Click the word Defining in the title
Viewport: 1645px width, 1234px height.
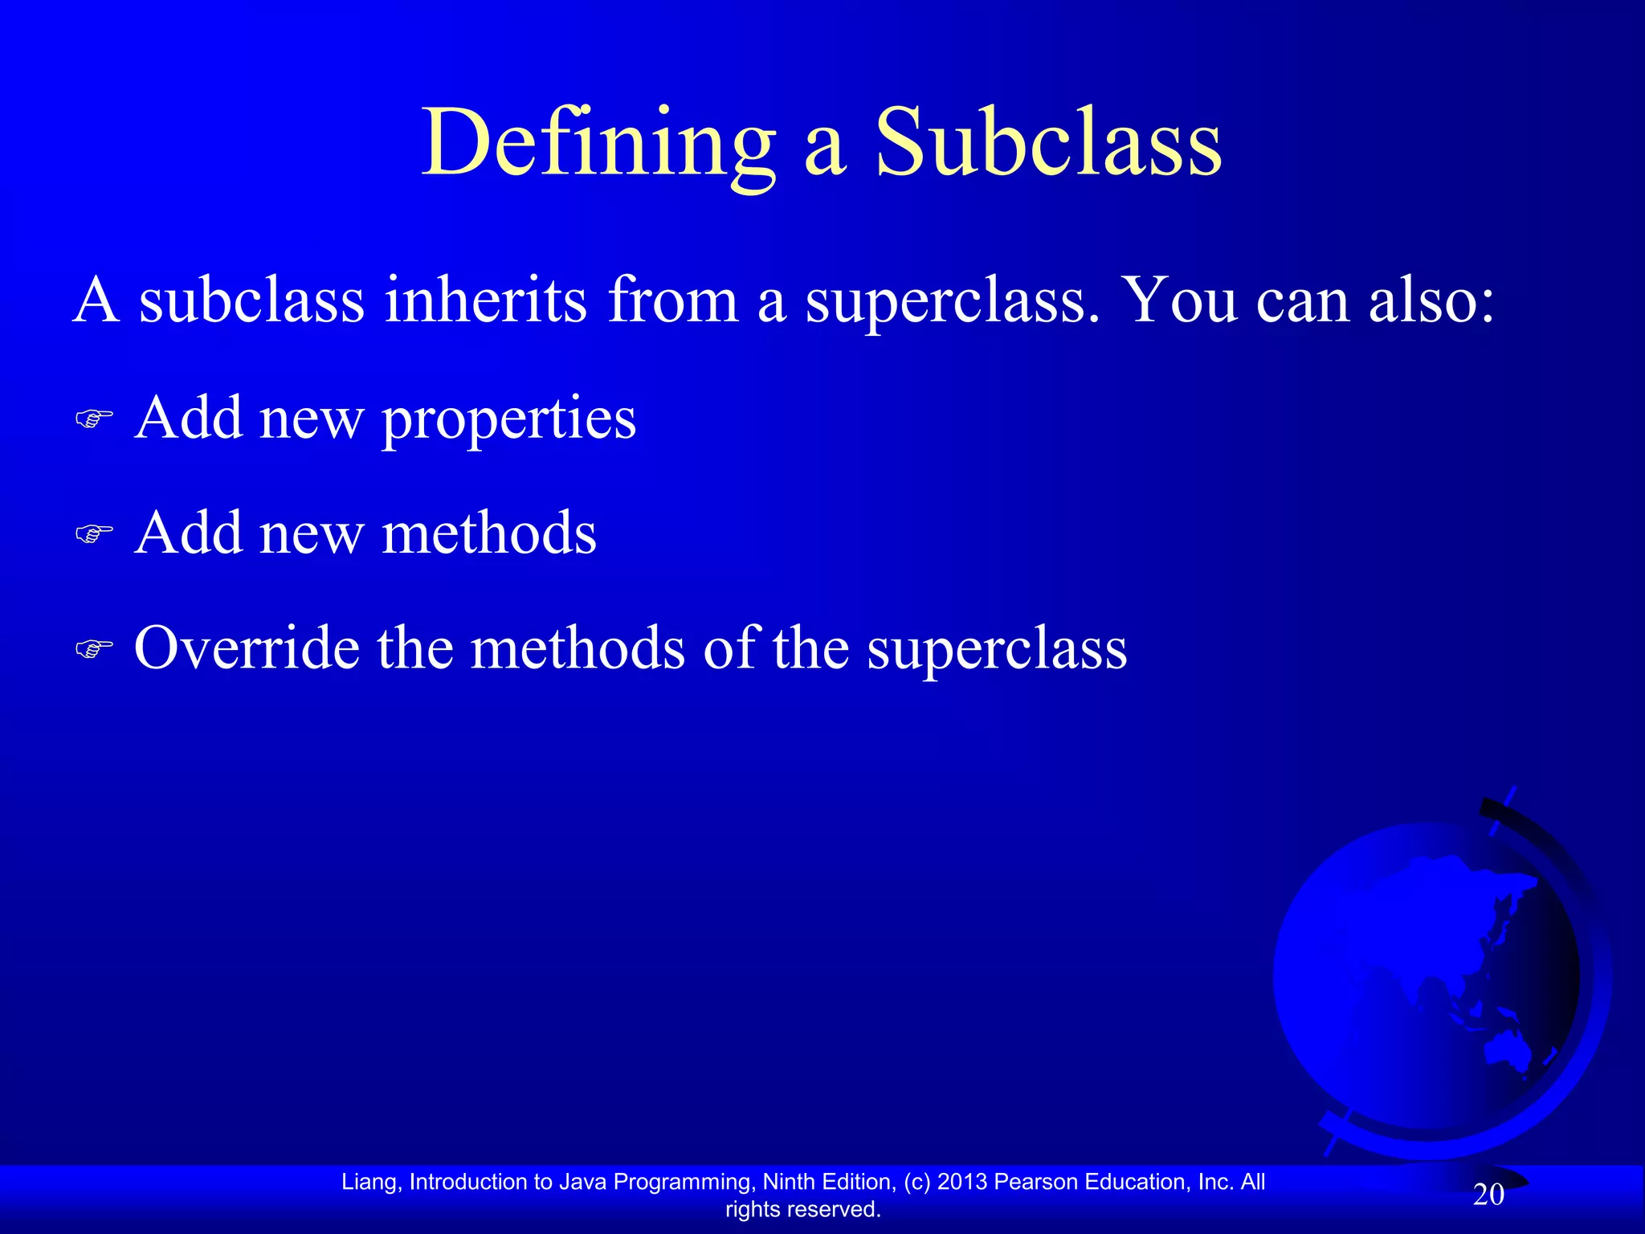(x=598, y=145)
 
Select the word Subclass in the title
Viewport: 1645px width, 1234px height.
(x=1048, y=145)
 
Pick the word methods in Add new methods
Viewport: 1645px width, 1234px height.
(x=489, y=533)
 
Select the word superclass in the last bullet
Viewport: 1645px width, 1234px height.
(x=997, y=649)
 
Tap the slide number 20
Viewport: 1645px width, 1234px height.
(x=1488, y=1195)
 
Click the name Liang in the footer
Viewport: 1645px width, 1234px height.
(x=369, y=1182)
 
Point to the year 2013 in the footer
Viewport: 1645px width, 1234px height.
(x=962, y=1182)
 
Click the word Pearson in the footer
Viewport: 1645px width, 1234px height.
(x=1036, y=1182)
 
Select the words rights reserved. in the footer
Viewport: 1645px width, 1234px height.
(x=802, y=1209)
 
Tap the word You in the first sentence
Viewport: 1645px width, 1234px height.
(x=1178, y=300)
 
